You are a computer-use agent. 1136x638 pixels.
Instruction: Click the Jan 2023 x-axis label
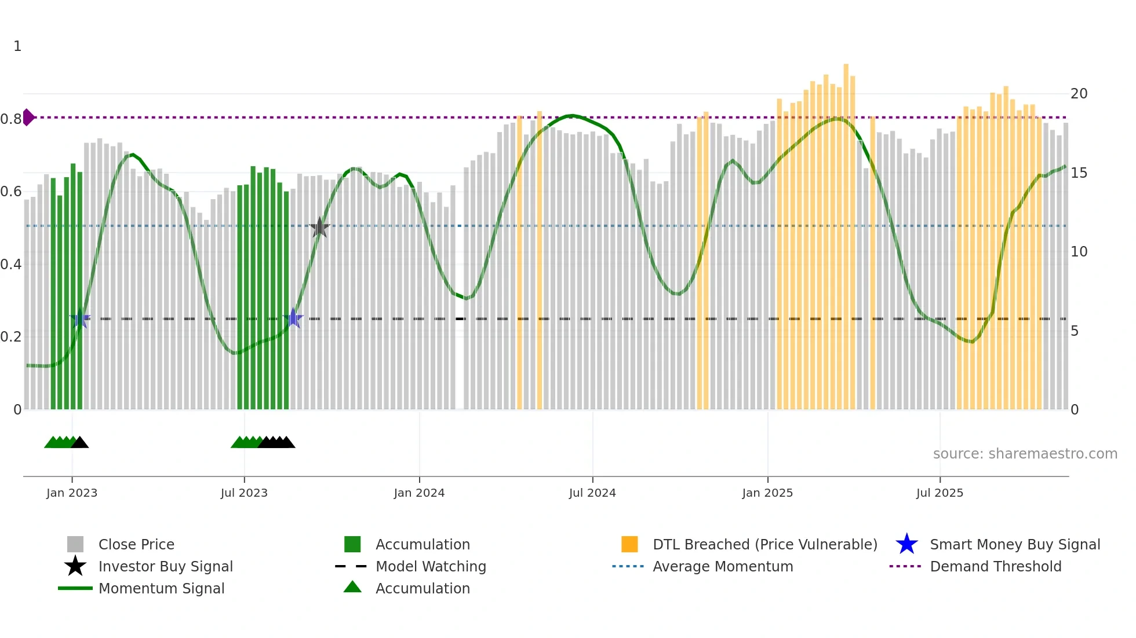pyautogui.click(x=72, y=493)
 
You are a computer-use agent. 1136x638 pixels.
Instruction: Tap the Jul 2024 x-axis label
pyautogui.click(x=592, y=493)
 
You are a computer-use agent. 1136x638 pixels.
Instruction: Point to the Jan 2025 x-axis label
pyautogui.click(x=767, y=493)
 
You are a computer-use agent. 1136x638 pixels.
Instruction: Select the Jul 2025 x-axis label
pyautogui.click(x=940, y=493)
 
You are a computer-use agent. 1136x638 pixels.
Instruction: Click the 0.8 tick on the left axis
pyautogui.click(x=11, y=119)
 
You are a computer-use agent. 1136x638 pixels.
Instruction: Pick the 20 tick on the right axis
pyautogui.click(x=1079, y=94)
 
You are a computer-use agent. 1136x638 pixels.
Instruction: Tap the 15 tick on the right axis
pyautogui.click(x=1079, y=173)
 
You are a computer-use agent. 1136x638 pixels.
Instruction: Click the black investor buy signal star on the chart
pyautogui.click(x=319, y=228)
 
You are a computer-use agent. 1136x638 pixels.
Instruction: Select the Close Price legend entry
pyautogui.click(x=136, y=544)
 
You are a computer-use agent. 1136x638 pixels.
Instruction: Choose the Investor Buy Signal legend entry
pyautogui.click(x=165, y=566)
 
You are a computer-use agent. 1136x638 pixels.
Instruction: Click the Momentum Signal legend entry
pyautogui.click(x=161, y=588)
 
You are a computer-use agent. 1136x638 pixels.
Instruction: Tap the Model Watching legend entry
pyautogui.click(x=431, y=566)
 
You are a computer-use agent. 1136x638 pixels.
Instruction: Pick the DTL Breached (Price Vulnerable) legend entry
pyautogui.click(x=764, y=544)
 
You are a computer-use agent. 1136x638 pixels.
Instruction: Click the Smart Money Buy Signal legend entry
pyautogui.click(x=1014, y=544)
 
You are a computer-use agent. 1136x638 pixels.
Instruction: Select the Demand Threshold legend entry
pyautogui.click(x=995, y=566)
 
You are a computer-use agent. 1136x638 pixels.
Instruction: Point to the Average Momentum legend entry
pyautogui.click(x=723, y=566)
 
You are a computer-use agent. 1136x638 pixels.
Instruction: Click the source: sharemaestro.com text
pyautogui.click(x=1025, y=453)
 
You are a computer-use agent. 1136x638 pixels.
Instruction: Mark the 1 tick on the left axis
pyautogui.click(x=17, y=46)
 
